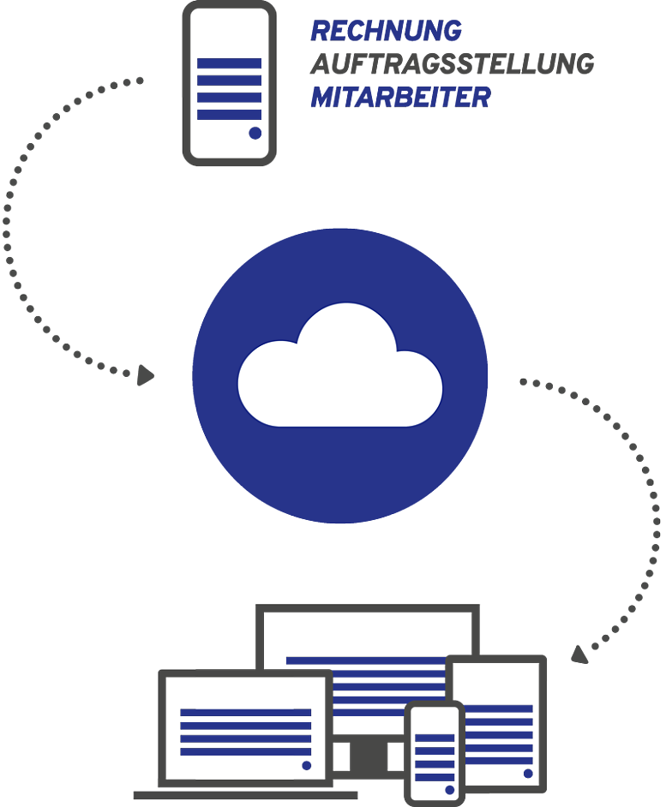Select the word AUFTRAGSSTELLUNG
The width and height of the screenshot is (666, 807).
tap(451, 65)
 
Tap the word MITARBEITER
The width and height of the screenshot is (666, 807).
tap(400, 99)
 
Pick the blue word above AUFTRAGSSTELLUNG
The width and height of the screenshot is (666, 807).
tap(386, 32)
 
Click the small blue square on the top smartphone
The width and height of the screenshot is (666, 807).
tap(255, 133)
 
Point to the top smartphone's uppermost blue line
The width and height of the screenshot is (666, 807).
tap(229, 63)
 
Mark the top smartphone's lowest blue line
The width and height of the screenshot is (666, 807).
tap(229, 115)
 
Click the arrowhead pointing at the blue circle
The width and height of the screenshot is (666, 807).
tap(147, 374)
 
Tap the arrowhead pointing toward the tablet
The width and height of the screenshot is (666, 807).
tap(580, 654)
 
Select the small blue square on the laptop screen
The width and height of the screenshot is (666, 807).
tap(307, 765)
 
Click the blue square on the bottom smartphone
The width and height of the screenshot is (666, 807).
tap(447, 789)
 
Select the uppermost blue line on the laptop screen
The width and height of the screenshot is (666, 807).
tap(245, 712)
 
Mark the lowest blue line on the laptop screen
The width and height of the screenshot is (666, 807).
tap(245, 751)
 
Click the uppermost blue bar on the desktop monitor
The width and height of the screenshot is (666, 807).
tap(365, 661)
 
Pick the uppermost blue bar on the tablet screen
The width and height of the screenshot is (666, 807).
tap(501, 708)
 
